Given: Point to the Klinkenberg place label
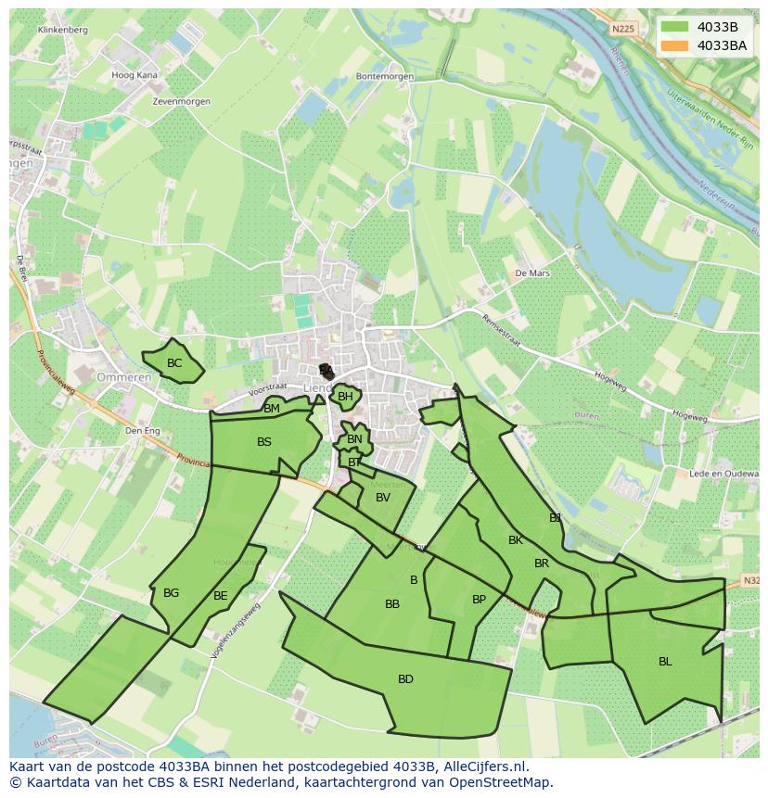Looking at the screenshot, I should pos(63,30).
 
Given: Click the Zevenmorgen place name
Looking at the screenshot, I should pos(181,101).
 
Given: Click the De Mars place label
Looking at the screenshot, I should pos(532,273).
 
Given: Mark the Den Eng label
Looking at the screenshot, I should pos(143,430).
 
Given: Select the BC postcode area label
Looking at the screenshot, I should pos(174,363).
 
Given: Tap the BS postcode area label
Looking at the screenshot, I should pos(264,442).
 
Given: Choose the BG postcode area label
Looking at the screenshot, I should pos(171,593).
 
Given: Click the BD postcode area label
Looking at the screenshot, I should pos(405,679).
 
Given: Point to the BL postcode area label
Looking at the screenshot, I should pos(665,662).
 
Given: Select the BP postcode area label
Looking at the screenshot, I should pos(479,600).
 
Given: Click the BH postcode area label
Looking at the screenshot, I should pos(345,397).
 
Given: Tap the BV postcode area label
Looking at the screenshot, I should pos(383,498).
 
